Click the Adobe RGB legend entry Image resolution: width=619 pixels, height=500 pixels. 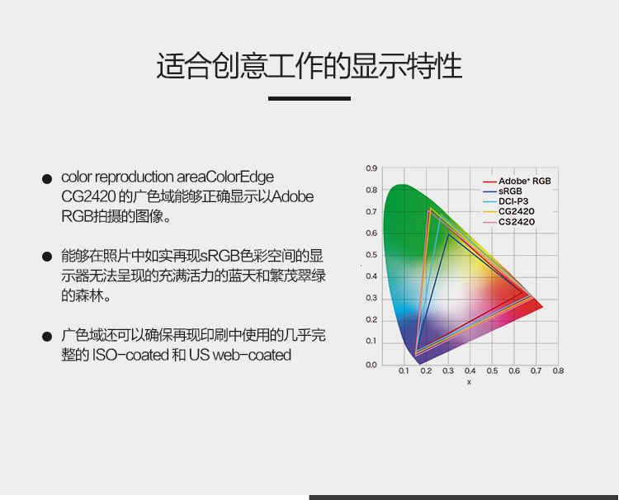pyautogui.click(x=517, y=182)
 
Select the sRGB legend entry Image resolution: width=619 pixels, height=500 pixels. pyautogui.click(x=503, y=191)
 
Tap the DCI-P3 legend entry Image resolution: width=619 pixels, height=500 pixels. pyautogui.click(x=506, y=201)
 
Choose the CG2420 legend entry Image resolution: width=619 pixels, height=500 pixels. pyautogui.click(x=509, y=211)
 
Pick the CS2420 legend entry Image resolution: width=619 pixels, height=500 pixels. pyautogui.click(x=509, y=222)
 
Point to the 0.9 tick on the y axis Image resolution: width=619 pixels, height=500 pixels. pyautogui.click(x=371, y=168)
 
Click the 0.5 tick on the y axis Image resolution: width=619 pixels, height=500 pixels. pyautogui.click(x=371, y=255)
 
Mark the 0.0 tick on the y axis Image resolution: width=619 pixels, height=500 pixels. pyautogui.click(x=371, y=365)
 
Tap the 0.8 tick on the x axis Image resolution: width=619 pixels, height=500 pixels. pyautogui.click(x=558, y=371)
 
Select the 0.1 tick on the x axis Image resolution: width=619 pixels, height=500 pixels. pyautogui.click(x=404, y=371)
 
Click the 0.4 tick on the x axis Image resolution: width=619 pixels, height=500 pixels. pyautogui.click(x=470, y=371)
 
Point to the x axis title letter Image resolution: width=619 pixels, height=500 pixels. pyautogui.click(x=469, y=382)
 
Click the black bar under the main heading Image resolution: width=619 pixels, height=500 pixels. pyautogui.click(x=309, y=99)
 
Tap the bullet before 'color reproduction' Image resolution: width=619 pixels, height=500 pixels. pyautogui.click(x=47, y=179)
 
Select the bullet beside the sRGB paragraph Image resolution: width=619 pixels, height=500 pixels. pyautogui.click(x=47, y=257)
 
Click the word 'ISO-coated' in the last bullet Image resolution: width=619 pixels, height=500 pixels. pyautogui.click(x=130, y=355)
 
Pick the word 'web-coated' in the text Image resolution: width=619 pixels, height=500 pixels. pyautogui.click(x=252, y=355)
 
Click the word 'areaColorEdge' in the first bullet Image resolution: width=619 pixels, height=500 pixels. pyautogui.click(x=225, y=177)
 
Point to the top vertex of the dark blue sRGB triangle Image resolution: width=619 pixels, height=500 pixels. pyautogui.click(x=448, y=234)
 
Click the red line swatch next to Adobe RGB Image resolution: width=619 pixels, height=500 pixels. pyautogui.click(x=489, y=182)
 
